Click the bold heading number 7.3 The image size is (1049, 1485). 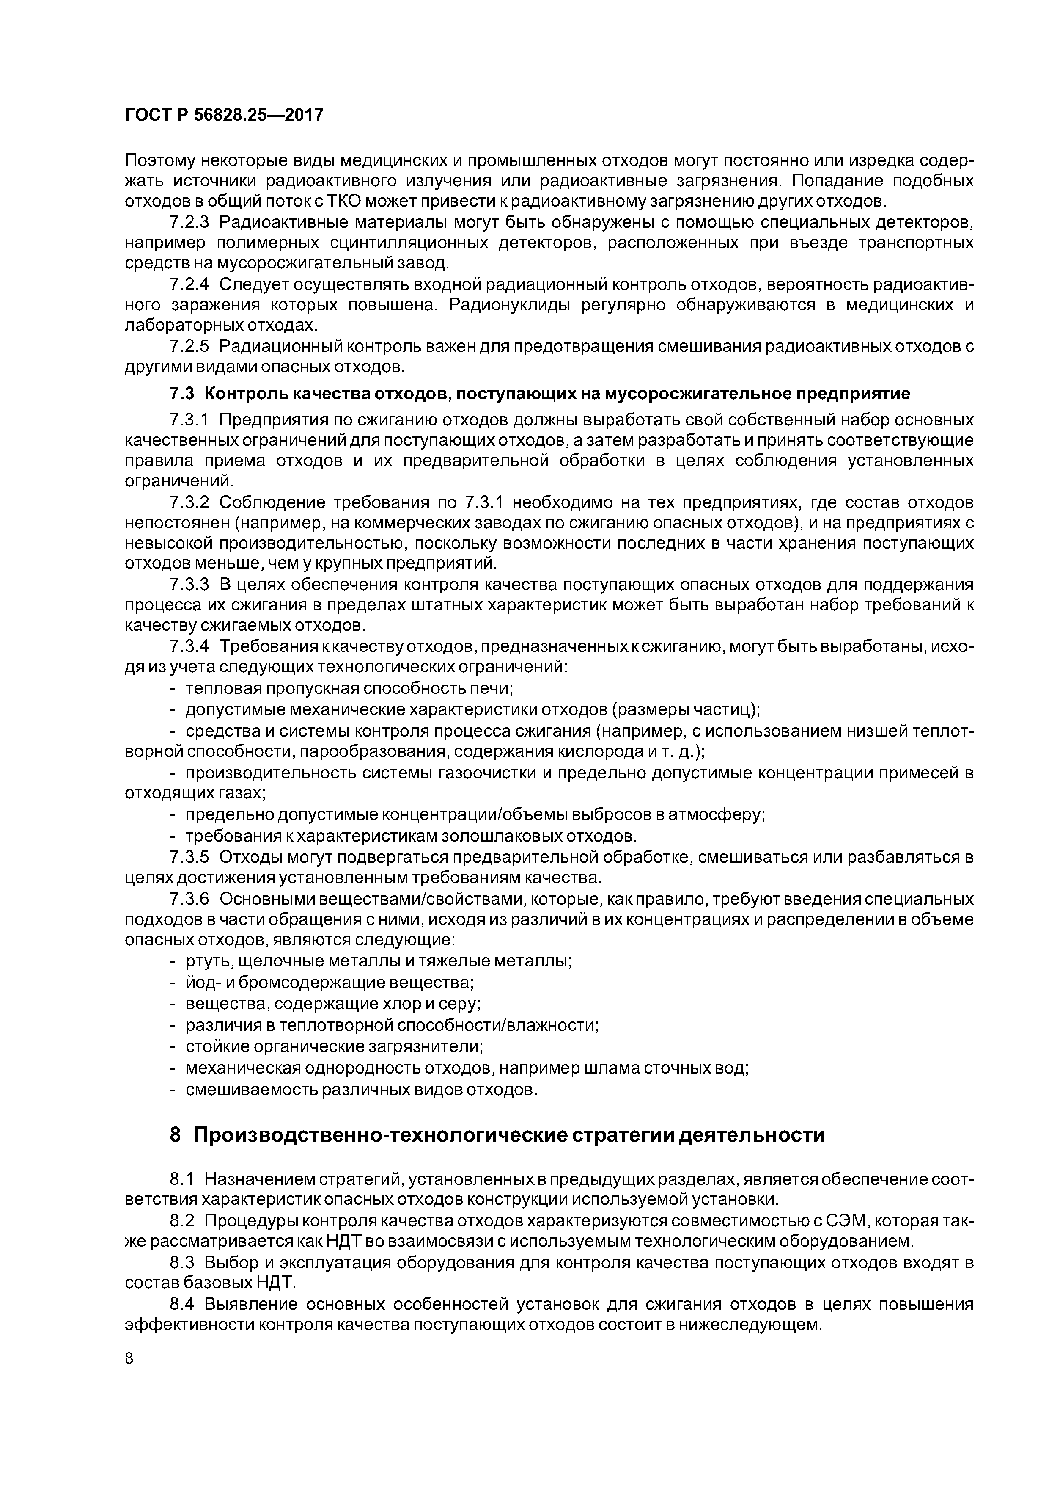183,393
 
